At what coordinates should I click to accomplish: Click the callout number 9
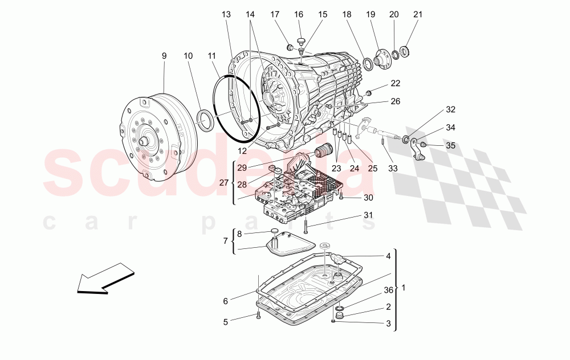pos(164,56)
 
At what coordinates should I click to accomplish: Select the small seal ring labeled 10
pos(205,120)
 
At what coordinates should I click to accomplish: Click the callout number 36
pos(388,290)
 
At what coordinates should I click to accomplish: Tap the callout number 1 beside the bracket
pos(404,288)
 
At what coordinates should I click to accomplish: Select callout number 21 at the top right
pos(418,14)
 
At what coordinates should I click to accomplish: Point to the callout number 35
pos(450,145)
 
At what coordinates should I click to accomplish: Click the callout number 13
pos(227,14)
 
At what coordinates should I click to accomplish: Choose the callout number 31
pos(368,215)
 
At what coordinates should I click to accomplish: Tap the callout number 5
pos(225,322)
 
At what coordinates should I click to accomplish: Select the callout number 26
pos(395,101)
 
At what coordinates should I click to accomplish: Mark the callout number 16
pos(299,14)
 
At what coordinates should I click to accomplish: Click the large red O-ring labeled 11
pos(235,108)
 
